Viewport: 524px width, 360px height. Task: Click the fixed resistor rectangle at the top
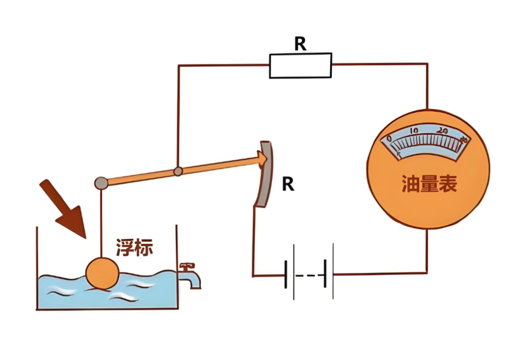(300, 65)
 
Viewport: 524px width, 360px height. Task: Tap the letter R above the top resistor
(300, 44)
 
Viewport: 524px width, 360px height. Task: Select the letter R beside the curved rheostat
(288, 184)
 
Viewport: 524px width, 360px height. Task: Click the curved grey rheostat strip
(264, 175)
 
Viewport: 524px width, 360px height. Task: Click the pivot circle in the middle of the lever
(177, 171)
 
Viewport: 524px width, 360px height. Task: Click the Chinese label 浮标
(134, 248)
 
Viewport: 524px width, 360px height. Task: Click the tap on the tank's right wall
(191, 275)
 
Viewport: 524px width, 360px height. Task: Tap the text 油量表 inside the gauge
(428, 184)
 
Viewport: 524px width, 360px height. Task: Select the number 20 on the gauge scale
(442, 131)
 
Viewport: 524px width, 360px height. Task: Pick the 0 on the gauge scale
(389, 140)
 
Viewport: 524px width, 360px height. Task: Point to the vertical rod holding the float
(101, 224)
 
